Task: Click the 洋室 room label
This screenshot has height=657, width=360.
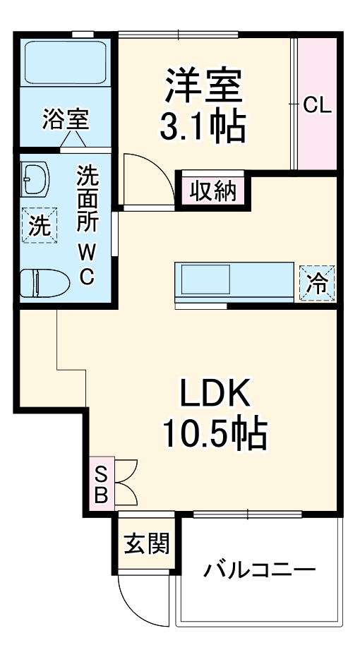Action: pos(205,85)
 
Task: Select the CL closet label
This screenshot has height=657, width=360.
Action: pos(317,106)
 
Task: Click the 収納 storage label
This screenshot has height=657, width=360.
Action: pos(211,191)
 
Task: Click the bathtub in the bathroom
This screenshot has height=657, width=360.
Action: pos(66,64)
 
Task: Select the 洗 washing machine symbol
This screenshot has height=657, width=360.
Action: pos(40,226)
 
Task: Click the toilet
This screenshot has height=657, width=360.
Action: pos(44,284)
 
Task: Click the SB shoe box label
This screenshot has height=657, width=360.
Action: pos(101,483)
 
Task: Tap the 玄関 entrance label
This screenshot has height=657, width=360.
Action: pos(147,544)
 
